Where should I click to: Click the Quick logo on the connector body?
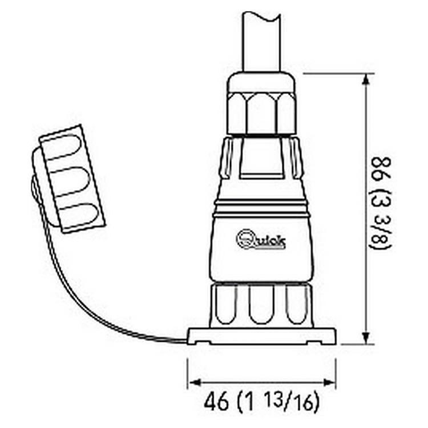(x=261, y=239)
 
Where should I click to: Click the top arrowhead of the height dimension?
(x=365, y=79)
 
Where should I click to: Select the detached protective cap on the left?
(x=68, y=180)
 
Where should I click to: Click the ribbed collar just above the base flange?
(x=261, y=305)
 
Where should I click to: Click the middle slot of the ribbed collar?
(x=261, y=305)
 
